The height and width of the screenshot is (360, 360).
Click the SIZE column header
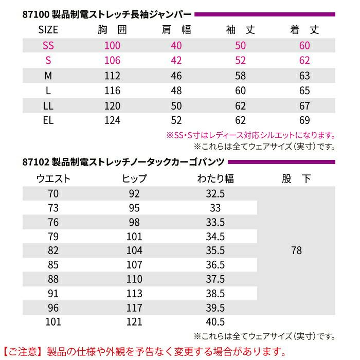click(x=48, y=30)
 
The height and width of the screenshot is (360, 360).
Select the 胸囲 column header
click(x=112, y=30)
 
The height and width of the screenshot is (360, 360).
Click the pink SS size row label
click(x=48, y=45)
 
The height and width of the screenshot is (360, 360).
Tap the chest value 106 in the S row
click(x=112, y=61)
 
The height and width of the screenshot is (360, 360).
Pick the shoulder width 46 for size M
click(x=176, y=76)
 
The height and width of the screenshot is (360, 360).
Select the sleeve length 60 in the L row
click(x=241, y=91)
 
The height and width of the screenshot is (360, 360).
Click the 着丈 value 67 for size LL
click(x=304, y=106)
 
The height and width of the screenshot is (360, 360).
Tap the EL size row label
click(x=48, y=121)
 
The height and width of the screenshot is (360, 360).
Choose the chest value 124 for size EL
click(x=112, y=121)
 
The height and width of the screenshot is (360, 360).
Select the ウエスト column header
click(x=53, y=179)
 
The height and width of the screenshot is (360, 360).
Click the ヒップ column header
click(x=135, y=179)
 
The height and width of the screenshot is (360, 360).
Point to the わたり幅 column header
click(x=215, y=179)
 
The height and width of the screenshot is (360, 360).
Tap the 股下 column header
click(x=296, y=179)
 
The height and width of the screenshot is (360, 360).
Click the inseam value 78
click(x=296, y=251)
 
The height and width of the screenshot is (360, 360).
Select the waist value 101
click(x=53, y=322)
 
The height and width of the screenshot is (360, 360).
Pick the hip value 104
click(x=135, y=251)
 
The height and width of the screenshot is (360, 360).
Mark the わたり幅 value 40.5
click(x=215, y=322)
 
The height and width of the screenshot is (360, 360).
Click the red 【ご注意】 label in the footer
click(x=23, y=352)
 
